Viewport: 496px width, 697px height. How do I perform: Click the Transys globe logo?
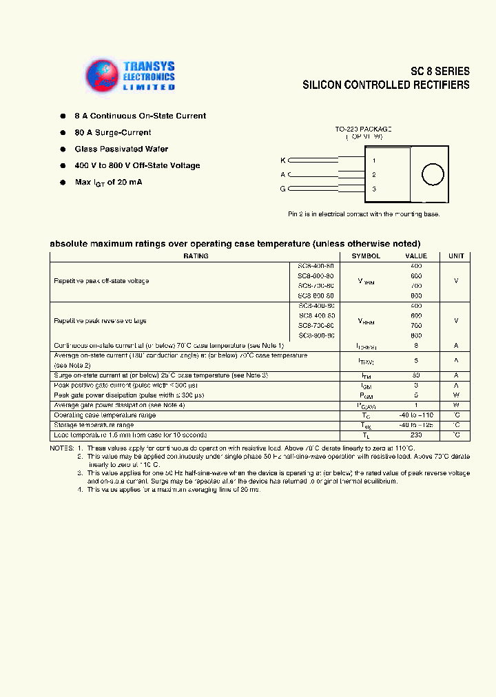(x=102, y=76)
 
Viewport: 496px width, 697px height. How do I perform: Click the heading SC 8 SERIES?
(x=440, y=71)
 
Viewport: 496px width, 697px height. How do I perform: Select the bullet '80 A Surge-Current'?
(x=113, y=132)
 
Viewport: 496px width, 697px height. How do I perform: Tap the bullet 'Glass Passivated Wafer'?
(x=121, y=149)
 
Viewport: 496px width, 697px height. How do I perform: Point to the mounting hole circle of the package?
(x=432, y=175)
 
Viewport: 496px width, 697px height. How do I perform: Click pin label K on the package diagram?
(x=282, y=160)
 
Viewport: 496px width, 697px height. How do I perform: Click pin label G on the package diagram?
(x=282, y=189)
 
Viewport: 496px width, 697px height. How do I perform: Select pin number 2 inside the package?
(x=373, y=175)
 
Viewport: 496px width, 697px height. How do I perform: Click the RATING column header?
(x=196, y=256)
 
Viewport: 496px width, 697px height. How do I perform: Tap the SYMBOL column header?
(x=366, y=256)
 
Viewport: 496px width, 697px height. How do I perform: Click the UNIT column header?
(x=456, y=256)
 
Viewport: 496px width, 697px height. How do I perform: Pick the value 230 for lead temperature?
(x=416, y=435)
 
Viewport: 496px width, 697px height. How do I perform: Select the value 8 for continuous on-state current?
(x=416, y=346)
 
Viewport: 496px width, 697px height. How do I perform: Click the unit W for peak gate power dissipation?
(x=456, y=395)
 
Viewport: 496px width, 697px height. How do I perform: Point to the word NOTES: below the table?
(x=61, y=448)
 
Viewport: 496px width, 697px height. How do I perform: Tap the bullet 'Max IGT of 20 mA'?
(x=108, y=182)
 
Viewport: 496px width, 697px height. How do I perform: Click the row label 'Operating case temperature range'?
(x=105, y=415)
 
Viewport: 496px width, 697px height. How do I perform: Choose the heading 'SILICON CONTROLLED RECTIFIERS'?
(x=386, y=85)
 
